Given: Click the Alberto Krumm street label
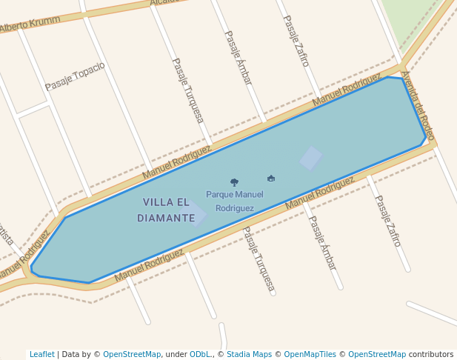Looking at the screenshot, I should coord(30,24).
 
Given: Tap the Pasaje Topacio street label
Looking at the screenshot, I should coord(75,76).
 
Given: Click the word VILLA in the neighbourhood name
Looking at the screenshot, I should coord(156,202).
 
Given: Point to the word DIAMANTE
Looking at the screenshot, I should coord(166,219).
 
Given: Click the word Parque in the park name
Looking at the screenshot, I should coord(219,195).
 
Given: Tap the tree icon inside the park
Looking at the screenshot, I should coord(234,181).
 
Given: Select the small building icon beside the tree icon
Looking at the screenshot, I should coord(271,179).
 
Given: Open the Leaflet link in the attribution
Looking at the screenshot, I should coord(42,355).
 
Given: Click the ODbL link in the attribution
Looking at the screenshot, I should coord(200,355).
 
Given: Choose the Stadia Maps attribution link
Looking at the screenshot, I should coord(249,355).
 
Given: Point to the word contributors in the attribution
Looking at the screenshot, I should coord(431,355).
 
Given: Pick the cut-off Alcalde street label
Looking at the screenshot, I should coord(164,2).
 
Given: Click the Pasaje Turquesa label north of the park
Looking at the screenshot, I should coord(187,90).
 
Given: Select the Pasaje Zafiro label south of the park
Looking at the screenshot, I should coord(387,221).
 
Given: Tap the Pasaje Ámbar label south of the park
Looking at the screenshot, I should coord(322,241).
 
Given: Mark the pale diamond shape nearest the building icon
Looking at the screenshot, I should coord(311,158).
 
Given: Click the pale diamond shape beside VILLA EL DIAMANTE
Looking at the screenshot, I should coord(196,214).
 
